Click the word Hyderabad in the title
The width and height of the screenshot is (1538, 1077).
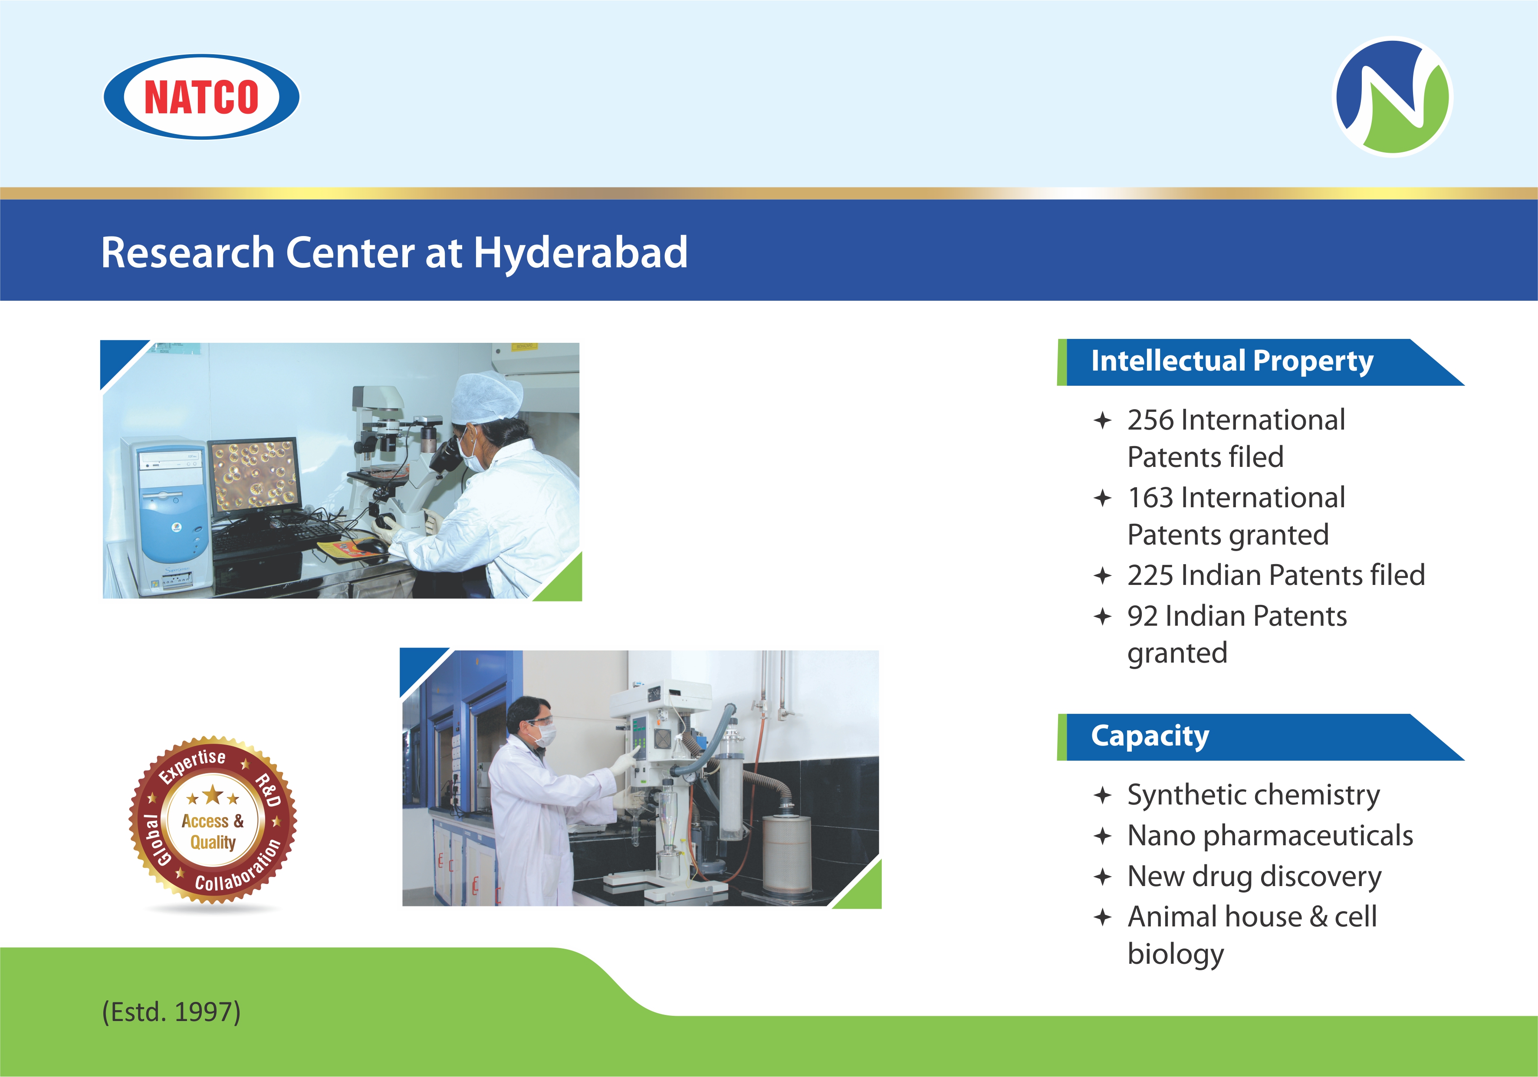point(581,253)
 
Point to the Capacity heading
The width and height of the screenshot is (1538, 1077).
point(1150,736)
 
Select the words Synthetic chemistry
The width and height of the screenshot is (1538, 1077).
point(1253,796)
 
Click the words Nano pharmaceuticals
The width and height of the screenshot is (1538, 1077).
point(1270,836)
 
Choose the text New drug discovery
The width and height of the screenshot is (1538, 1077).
point(1254,877)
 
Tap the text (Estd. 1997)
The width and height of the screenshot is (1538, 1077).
point(171,1011)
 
